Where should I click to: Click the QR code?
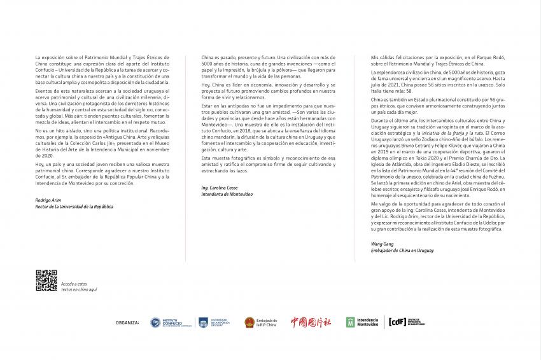pos(46,280)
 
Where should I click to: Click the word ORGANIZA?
pos(127,322)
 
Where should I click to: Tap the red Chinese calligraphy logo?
pos(311,322)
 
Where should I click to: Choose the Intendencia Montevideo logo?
pos(362,322)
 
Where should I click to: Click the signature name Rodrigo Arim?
pos(49,200)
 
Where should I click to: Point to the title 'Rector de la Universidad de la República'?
pos(74,206)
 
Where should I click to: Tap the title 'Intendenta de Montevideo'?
pos(227,193)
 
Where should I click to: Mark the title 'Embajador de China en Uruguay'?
pos(402,251)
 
